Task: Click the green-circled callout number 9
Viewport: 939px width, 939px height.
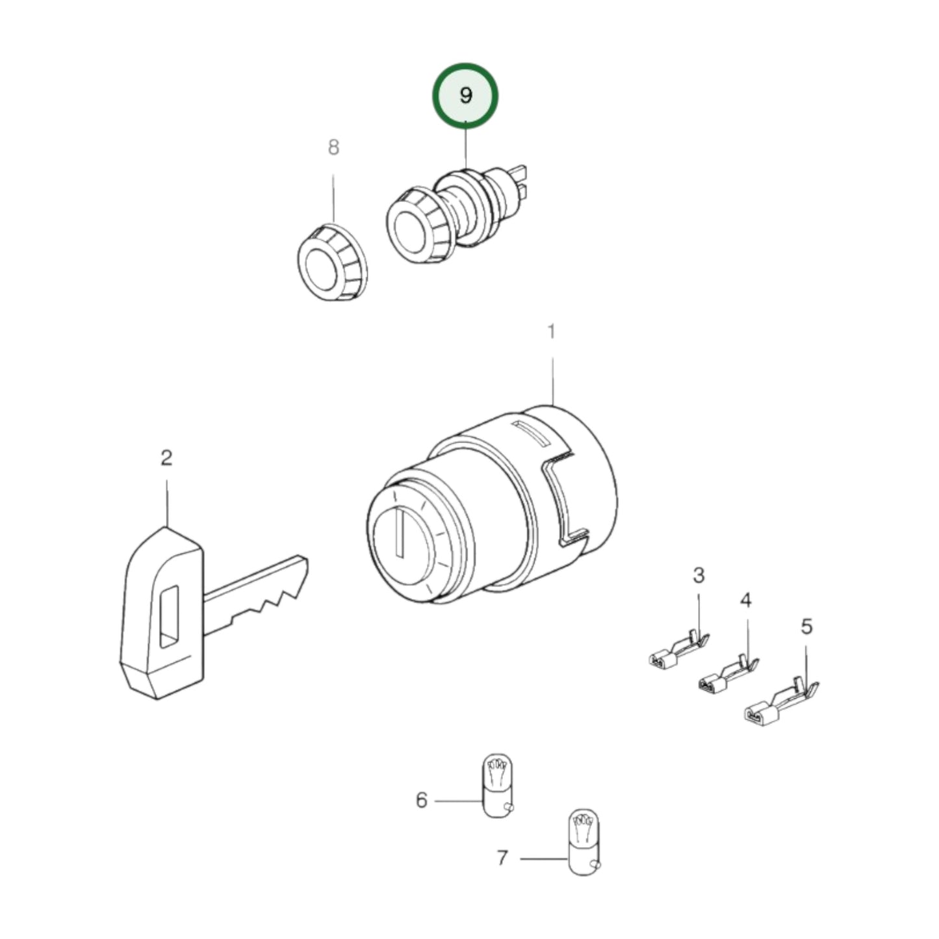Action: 465,96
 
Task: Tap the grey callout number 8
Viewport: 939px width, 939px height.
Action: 333,148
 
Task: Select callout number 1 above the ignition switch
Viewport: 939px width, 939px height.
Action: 551,332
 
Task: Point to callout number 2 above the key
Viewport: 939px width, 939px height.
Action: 166,458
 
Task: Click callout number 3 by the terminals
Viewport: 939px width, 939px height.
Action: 699,575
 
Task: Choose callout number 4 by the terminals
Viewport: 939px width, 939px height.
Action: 746,600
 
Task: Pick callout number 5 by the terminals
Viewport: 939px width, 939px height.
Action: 806,627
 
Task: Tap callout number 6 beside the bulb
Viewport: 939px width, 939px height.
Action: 422,800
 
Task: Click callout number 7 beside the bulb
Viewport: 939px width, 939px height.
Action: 502,858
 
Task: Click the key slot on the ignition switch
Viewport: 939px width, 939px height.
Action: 401,533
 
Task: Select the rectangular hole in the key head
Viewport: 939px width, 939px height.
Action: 168,617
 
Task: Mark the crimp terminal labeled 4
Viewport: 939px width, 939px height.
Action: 727,676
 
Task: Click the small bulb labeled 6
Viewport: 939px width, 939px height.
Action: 497,786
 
